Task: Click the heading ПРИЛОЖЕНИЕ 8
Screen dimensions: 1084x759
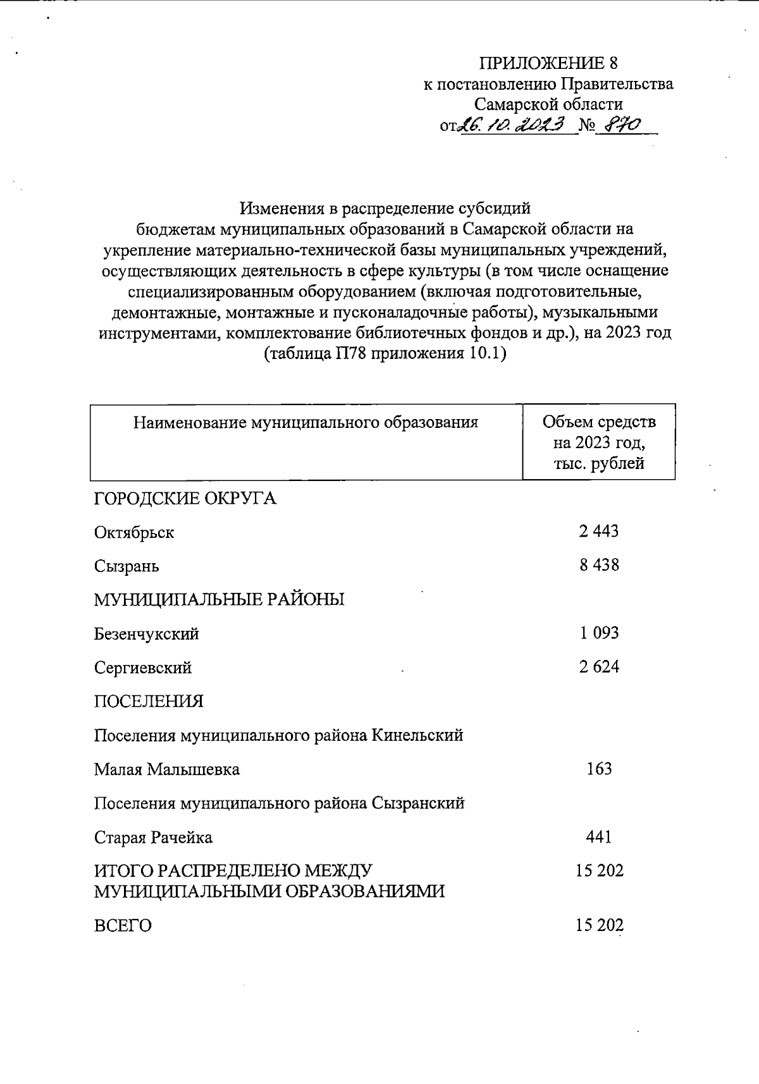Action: pos(548,63)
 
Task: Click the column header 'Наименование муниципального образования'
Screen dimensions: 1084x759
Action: pos(305,422)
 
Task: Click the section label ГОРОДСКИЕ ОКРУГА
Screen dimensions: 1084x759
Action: pos(185,498)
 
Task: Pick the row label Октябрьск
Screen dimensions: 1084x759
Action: pos(134,532)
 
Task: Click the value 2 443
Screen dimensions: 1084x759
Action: pos(598,531)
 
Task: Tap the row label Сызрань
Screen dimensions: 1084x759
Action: pos(126,566)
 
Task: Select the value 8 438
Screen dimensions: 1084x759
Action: pos(598,564)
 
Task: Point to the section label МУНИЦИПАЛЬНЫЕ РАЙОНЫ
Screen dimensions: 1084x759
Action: pos(219,599)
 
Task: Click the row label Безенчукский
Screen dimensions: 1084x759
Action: pos(147,633)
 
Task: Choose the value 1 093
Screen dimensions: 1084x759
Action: pos(598,632)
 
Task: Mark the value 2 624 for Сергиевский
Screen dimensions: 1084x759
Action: pos(598,666)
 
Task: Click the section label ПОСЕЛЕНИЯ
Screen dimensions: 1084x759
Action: pos(149,701)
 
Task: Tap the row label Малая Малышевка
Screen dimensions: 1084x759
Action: pos(167,769)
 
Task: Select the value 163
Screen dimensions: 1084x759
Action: pos(598,769)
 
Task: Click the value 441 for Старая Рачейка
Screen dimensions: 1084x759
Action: pos(598,837)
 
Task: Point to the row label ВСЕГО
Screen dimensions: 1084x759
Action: pos(123,926)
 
